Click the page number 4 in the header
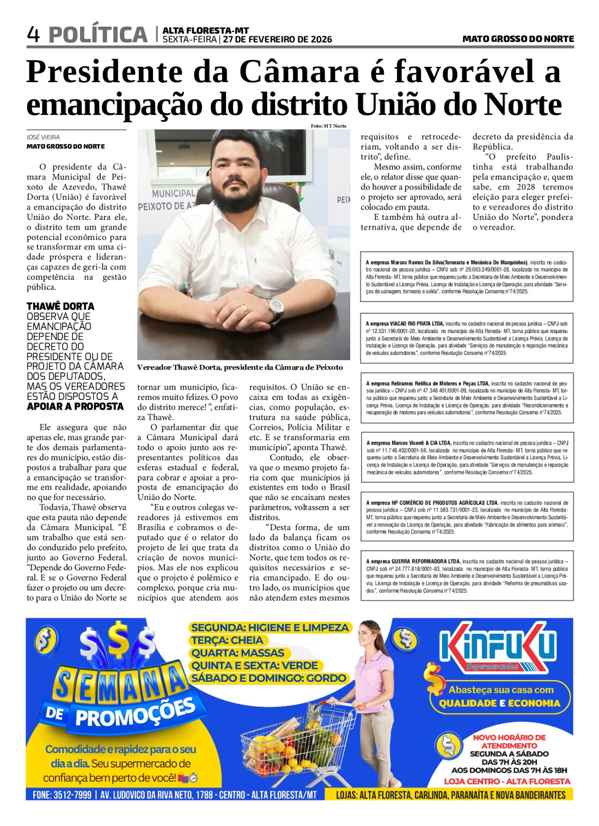33,35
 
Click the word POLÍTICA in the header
98,35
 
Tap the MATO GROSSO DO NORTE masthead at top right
518,39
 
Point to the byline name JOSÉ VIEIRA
44,137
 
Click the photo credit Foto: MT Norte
328,126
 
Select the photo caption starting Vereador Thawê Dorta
240,367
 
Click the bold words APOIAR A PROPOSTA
75,406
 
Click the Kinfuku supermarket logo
498,650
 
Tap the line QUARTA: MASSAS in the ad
237,653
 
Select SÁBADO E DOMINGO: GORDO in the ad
268,678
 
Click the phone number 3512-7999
72,795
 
